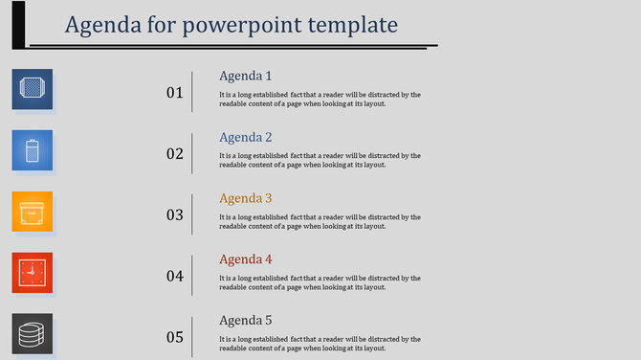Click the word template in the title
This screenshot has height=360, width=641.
click(x=346, y=24)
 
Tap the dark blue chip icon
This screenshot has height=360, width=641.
click(x=32, y=89)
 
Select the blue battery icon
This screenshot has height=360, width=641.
click(x=32, y=150)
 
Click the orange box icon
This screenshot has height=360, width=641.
click(x=32, y=212)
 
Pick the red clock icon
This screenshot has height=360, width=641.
click(x=32, y=273)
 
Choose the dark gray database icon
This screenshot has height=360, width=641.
click(x=32, y=334)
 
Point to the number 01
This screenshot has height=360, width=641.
click(x=175, y=93)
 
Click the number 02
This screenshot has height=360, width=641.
click(x=175, y=154)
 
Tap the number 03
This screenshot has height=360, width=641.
click(x=175, y=215)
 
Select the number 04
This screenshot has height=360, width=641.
click(x=175, y=277)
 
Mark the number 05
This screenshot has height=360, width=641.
click(x=175, y=337)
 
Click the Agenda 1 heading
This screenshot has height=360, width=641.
click(x=246, y=76)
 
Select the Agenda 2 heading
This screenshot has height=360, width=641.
click(x=246, y=137)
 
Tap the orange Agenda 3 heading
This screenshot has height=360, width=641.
click(x=246, y=198)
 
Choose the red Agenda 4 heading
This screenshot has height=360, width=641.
click(x=246, y=259)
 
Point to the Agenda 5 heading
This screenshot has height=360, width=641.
click(x=246, y=321)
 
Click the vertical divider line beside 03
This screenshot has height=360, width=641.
click(x=192, y=214)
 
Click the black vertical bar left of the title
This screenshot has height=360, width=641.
click(x=18, y=24)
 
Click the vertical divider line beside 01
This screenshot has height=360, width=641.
click(x=192, y=92)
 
